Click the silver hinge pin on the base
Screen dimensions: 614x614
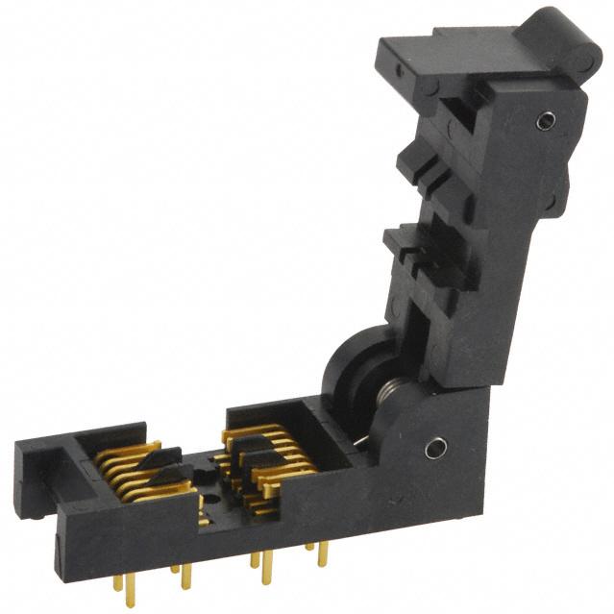coord(435,447)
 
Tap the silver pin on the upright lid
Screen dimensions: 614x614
coord(547,120)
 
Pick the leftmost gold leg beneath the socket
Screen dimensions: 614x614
coord(117,583)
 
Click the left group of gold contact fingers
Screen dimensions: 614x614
coord(135,471)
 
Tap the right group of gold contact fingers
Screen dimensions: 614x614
coord(274,452)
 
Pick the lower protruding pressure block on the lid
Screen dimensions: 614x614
coord(413,245)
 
